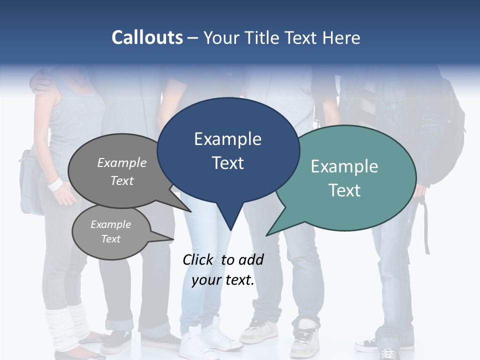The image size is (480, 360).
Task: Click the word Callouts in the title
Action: pos(147,38)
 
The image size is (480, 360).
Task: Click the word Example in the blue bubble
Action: pos(227,139)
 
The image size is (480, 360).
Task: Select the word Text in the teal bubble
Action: pos(344,190)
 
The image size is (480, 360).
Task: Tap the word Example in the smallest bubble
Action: pos(110,224)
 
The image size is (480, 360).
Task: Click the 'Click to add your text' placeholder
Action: pos(223,269)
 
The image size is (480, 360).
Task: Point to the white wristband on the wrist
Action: pos(54,184)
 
